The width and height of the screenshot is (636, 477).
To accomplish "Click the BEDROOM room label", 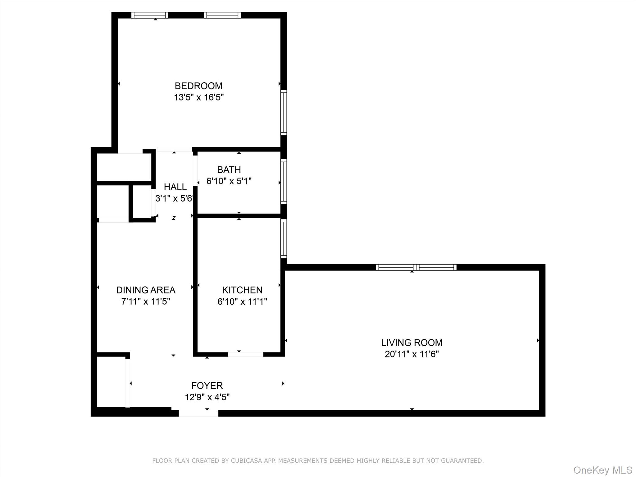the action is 198,86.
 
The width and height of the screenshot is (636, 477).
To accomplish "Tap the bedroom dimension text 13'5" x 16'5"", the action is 198,97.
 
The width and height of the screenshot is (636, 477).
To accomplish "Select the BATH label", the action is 229,170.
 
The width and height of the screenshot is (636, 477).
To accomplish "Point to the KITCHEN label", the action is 242,290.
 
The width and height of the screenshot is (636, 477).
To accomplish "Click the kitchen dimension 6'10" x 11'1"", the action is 242,301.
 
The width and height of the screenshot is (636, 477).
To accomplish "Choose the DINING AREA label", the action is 146,290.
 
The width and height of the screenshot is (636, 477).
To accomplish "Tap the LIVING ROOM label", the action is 412,343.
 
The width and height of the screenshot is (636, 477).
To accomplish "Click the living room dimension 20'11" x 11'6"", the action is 412,354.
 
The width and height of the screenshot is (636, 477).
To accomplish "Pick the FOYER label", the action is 207,385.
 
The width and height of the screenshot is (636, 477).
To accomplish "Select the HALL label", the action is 175,187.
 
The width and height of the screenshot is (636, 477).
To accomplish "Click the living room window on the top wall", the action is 416,267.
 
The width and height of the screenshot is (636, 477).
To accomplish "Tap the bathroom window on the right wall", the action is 284,182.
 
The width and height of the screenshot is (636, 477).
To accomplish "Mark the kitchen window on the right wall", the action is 284,238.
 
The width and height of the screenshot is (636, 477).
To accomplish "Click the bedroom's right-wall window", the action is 284,112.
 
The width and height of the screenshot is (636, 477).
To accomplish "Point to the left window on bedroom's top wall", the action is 150,15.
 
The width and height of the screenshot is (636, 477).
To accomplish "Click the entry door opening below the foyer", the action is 198,413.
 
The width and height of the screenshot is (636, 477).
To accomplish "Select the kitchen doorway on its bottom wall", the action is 246,354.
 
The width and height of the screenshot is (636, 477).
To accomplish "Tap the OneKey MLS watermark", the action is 603,470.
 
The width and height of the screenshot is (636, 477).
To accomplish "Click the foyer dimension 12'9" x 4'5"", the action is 207,397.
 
